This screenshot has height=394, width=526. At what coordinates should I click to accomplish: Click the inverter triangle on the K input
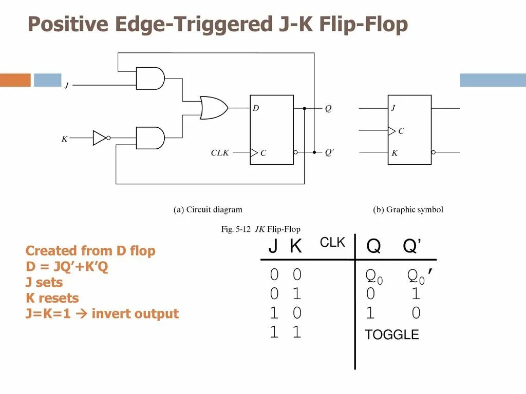click(99, 137)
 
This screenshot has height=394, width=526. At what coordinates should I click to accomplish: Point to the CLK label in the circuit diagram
click(220, 153)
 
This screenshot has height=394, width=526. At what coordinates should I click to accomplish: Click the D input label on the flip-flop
click(256, 108)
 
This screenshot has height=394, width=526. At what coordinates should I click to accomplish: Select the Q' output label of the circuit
click(329, 152)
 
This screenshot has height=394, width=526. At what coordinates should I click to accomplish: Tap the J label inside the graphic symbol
click(393, 108)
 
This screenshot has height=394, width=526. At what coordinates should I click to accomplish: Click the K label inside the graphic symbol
click(394, 153)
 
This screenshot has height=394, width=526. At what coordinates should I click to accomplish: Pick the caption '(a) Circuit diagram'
click(208, 209)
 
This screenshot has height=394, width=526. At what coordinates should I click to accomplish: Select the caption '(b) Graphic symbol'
click(407, 209)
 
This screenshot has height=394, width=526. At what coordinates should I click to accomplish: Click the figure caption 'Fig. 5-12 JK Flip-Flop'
click(260, 229)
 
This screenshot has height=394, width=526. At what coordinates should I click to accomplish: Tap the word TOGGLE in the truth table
click(391, 335)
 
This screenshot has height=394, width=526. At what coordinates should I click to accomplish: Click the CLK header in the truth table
click(332, 243)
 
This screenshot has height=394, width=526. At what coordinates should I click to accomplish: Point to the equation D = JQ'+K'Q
click(67, 267)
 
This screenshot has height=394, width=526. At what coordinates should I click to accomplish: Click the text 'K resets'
click(52, 298)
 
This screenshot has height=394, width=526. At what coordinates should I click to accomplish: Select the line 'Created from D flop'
click(90, 251)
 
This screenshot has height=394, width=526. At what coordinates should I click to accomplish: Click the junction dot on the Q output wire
click(304, 108)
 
